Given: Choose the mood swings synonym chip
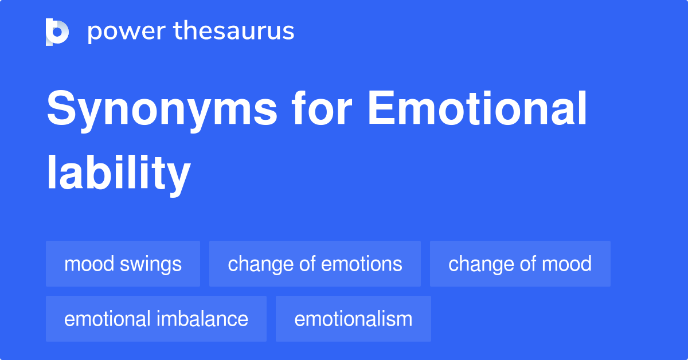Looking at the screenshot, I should (123, 264).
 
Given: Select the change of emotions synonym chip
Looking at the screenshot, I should (315, 264).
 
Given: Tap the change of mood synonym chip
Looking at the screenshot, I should (520, 264).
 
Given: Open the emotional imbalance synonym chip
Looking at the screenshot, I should (156, 319).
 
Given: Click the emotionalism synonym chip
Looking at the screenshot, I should (353, 319).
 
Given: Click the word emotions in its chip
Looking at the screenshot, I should (362, 264).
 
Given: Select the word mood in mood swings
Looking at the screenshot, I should (89, 264).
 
